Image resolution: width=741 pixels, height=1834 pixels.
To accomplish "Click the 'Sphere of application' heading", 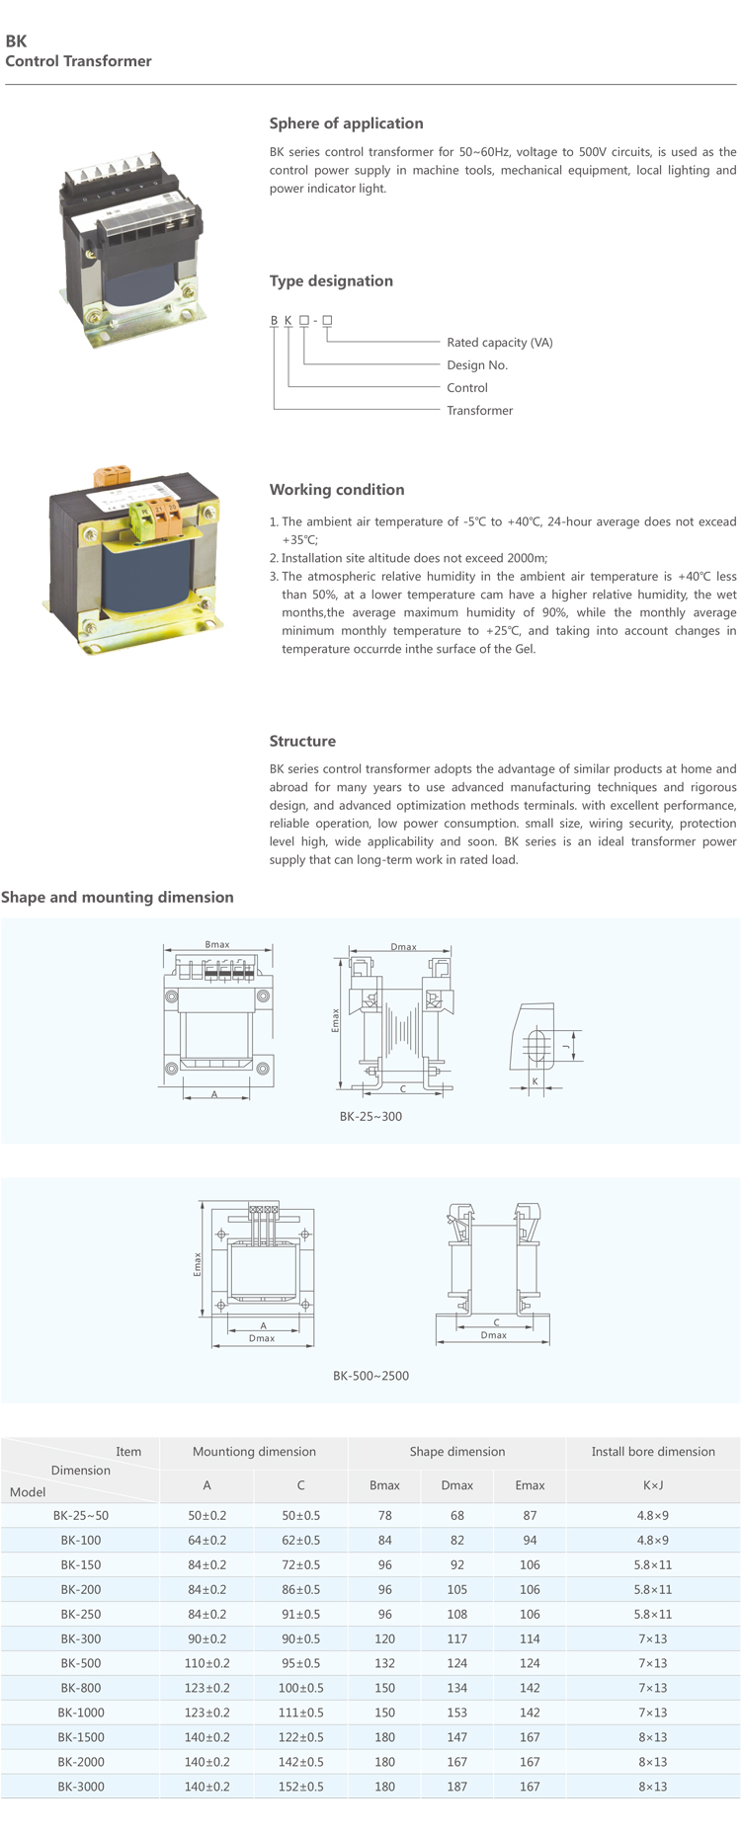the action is click(x=346, y=123).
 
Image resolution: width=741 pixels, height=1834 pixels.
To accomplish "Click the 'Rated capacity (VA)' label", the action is click(x=499, y=343).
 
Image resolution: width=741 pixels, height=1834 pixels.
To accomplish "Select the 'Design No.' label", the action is click(x=477, y=365).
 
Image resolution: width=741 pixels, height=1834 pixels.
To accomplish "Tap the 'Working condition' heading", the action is click(x=337, y=490).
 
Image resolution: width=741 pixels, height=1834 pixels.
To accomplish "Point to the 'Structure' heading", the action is click(x=302, y=742).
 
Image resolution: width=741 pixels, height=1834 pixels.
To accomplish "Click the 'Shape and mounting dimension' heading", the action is click(x=118, y=898).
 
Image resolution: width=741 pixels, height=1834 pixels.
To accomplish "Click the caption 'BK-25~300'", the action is click(x=370, y=1117).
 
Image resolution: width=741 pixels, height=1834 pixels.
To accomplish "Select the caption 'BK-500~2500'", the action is click(x=370, y=1376).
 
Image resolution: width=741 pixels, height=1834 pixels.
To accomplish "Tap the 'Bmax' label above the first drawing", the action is click(x=217, y=945).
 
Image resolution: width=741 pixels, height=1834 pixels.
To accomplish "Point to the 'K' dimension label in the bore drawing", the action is click(x=535, y=1081).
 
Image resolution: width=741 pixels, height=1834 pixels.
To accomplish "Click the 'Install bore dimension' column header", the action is click(x=653, y=1452).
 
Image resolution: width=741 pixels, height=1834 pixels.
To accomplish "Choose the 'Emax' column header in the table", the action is click(x=530, y=1485).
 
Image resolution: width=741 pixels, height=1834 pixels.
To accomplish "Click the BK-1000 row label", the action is click(x=81, y=1713).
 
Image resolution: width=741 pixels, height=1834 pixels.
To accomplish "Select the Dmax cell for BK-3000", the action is click(x=456, y=1787).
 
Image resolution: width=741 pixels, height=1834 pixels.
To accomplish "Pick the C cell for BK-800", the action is click(x=300, y=1688).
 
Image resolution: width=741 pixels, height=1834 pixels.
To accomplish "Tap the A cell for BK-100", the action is click(x=206, y=1540).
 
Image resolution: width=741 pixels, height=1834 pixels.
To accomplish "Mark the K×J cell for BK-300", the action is click(x=653, y=1638).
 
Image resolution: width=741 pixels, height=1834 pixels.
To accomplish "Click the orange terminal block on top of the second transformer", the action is click(x=107, y=475).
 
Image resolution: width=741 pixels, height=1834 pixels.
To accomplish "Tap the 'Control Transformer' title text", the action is click(x=79, y=61).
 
